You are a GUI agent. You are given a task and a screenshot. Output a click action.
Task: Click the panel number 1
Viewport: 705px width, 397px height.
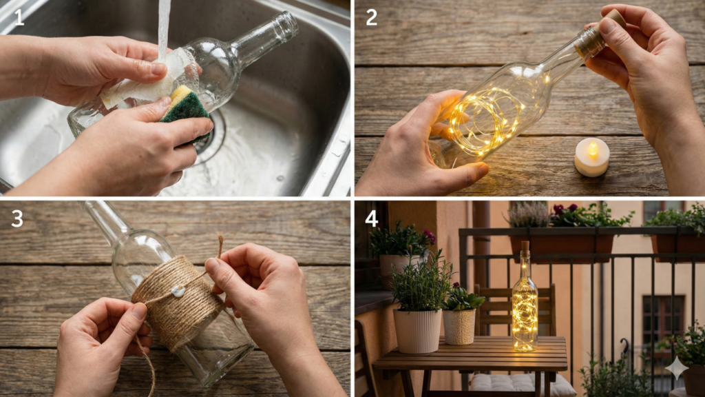coord(19,17)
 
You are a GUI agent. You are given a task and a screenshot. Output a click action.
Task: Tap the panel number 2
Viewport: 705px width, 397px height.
coord(371,17)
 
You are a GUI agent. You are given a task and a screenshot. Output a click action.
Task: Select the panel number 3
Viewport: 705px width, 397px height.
coord(17,218)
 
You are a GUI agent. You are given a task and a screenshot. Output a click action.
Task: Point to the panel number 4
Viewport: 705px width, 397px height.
coord(372,218)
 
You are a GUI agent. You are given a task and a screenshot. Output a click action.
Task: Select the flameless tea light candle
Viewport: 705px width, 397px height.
coord(591,157)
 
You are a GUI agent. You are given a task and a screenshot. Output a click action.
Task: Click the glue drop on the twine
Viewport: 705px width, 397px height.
coord(178,292)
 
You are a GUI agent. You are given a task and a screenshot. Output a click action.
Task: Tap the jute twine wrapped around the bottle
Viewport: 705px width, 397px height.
coord(177,302)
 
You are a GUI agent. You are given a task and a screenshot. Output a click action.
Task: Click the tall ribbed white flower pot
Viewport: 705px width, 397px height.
coord(417,330)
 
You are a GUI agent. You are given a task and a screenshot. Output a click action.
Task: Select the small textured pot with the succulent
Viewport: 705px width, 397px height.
coord(459,326)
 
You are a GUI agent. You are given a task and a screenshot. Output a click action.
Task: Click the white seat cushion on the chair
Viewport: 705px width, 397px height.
coord(522,383)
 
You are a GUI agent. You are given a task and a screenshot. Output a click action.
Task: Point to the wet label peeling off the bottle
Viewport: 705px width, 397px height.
coord(144,81)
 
